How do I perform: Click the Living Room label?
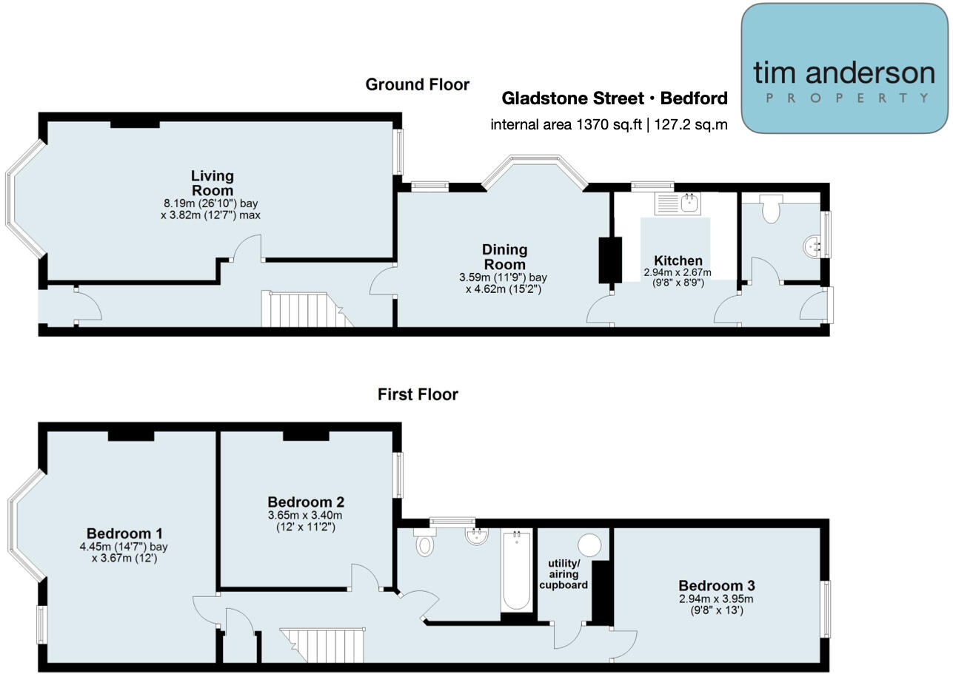coord(212,183)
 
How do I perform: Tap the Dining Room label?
coord(504,257)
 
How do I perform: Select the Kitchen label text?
coord(678,260)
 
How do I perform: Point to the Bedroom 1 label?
coord(124,533)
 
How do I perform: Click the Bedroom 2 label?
coord(305,501)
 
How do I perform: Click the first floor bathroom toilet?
coord(425,545)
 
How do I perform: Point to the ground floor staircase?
coord(303,309)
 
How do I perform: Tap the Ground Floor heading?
coord(417,85)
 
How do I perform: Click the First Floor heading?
coord(418,395)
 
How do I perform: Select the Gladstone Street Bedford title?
coord(614,98)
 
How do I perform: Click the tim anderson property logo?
coord(844,69)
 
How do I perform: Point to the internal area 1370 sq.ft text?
coord(608,124)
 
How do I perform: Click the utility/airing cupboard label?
coord(564,574)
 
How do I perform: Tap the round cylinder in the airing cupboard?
coord(590,545)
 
